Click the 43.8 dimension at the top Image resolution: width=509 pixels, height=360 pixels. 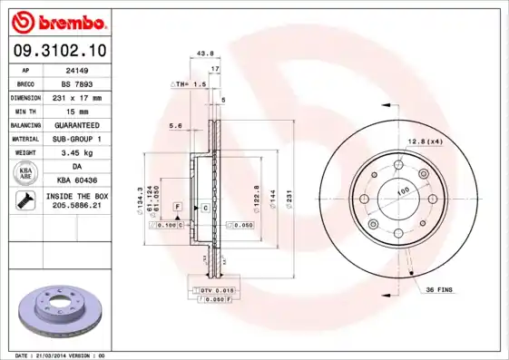[205, 54]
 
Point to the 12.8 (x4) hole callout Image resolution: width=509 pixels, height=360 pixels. [425, 141]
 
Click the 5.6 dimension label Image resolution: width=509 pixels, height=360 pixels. [176, 125]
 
